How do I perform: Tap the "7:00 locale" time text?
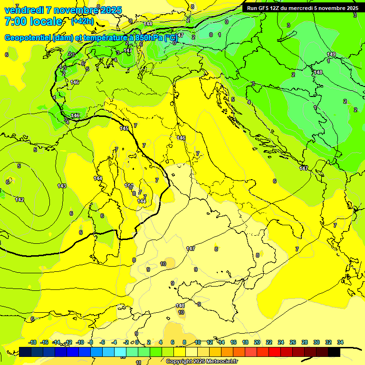tap(33, 21)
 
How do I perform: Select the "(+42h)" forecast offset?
tap(82, 21)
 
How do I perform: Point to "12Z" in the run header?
tap(275, 8)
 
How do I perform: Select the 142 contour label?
tap(19, 200)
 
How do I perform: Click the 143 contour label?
tap(62, 186)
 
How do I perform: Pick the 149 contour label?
tap(331, 54)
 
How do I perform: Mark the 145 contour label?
tap(124, 128)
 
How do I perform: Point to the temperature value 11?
tap(138, 362)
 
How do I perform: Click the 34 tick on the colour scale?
tap(340, 342)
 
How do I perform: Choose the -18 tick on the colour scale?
tap(33, 342)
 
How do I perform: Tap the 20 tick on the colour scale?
tap(257, 342)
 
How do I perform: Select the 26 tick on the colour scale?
tap(293, 342)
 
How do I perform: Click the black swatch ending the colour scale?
tap(334, 352)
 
